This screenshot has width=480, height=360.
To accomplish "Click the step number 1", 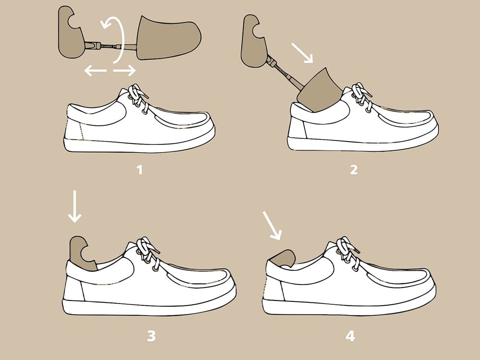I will click(140, 169).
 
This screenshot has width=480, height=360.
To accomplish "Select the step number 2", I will click(354, 169).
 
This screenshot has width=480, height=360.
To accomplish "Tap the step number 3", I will click(151, 336).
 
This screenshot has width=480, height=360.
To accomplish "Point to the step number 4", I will click(350, 336).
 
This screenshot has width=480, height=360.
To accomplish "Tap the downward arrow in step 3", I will click(75, 206).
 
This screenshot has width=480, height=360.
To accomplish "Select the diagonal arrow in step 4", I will click(272, 224).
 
